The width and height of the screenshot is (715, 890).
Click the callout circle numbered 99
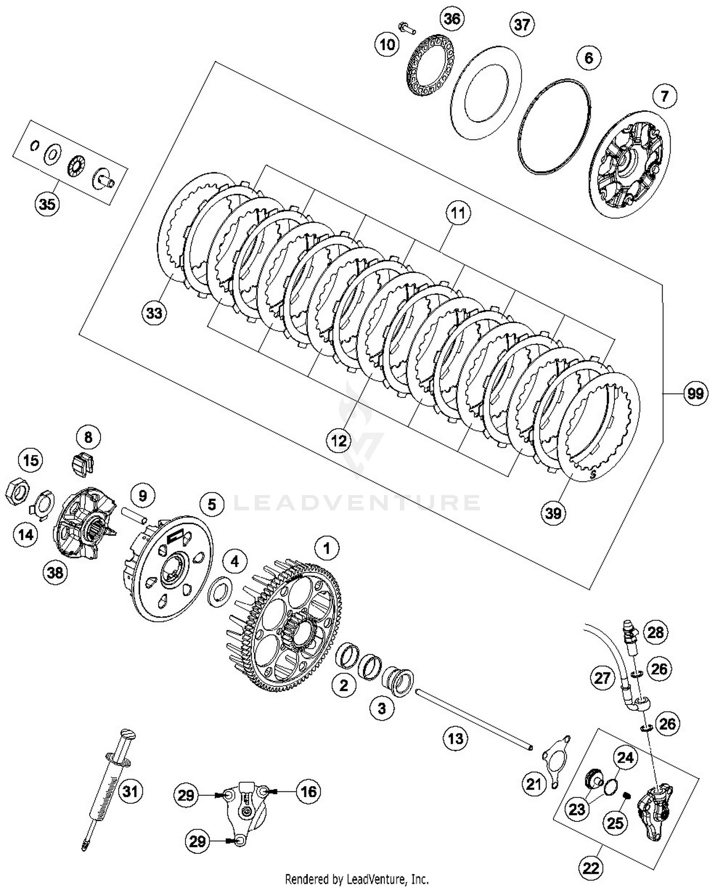pos(695,394)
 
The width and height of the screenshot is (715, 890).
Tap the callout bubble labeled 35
pos(47,204)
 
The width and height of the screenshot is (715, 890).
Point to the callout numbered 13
pos(455,738)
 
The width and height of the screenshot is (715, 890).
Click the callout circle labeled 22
pos(591,868)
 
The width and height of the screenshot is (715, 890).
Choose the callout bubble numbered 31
pos(130,791)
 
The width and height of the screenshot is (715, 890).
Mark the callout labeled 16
pos(308,791)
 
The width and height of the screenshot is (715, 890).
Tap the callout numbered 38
pos(55,572)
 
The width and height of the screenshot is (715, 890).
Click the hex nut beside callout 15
pos(17,491)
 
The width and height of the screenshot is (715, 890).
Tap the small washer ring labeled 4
pos(220,591)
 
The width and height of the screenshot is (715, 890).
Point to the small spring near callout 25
pos(628,795)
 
